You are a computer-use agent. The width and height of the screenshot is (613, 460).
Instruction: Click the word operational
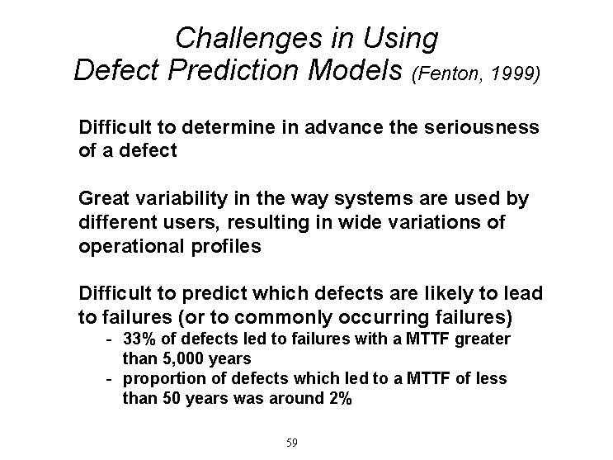click(124, 245)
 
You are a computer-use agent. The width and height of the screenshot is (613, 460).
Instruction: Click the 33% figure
click(137, 339)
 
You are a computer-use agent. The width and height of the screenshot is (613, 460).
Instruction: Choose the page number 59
click(290, 443)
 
